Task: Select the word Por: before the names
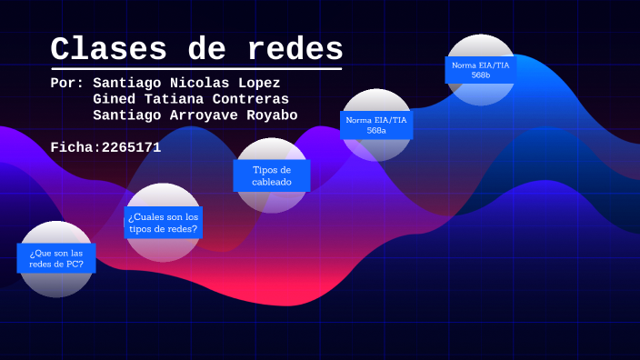click(x=68, y=82)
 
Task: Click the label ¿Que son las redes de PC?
click(x=56, y=258)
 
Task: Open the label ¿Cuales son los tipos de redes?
click(x=164, y=223)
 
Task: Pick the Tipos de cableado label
click(x=272, y=175)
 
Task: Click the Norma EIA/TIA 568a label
click(x=376, y=125)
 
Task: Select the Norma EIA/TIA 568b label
click(x=481, y=69)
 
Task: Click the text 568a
click(x=376, y=131)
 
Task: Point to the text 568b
click(x=481, y=75)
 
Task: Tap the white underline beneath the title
click(x=196, y=68)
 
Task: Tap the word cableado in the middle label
click(x=272, y=182)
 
